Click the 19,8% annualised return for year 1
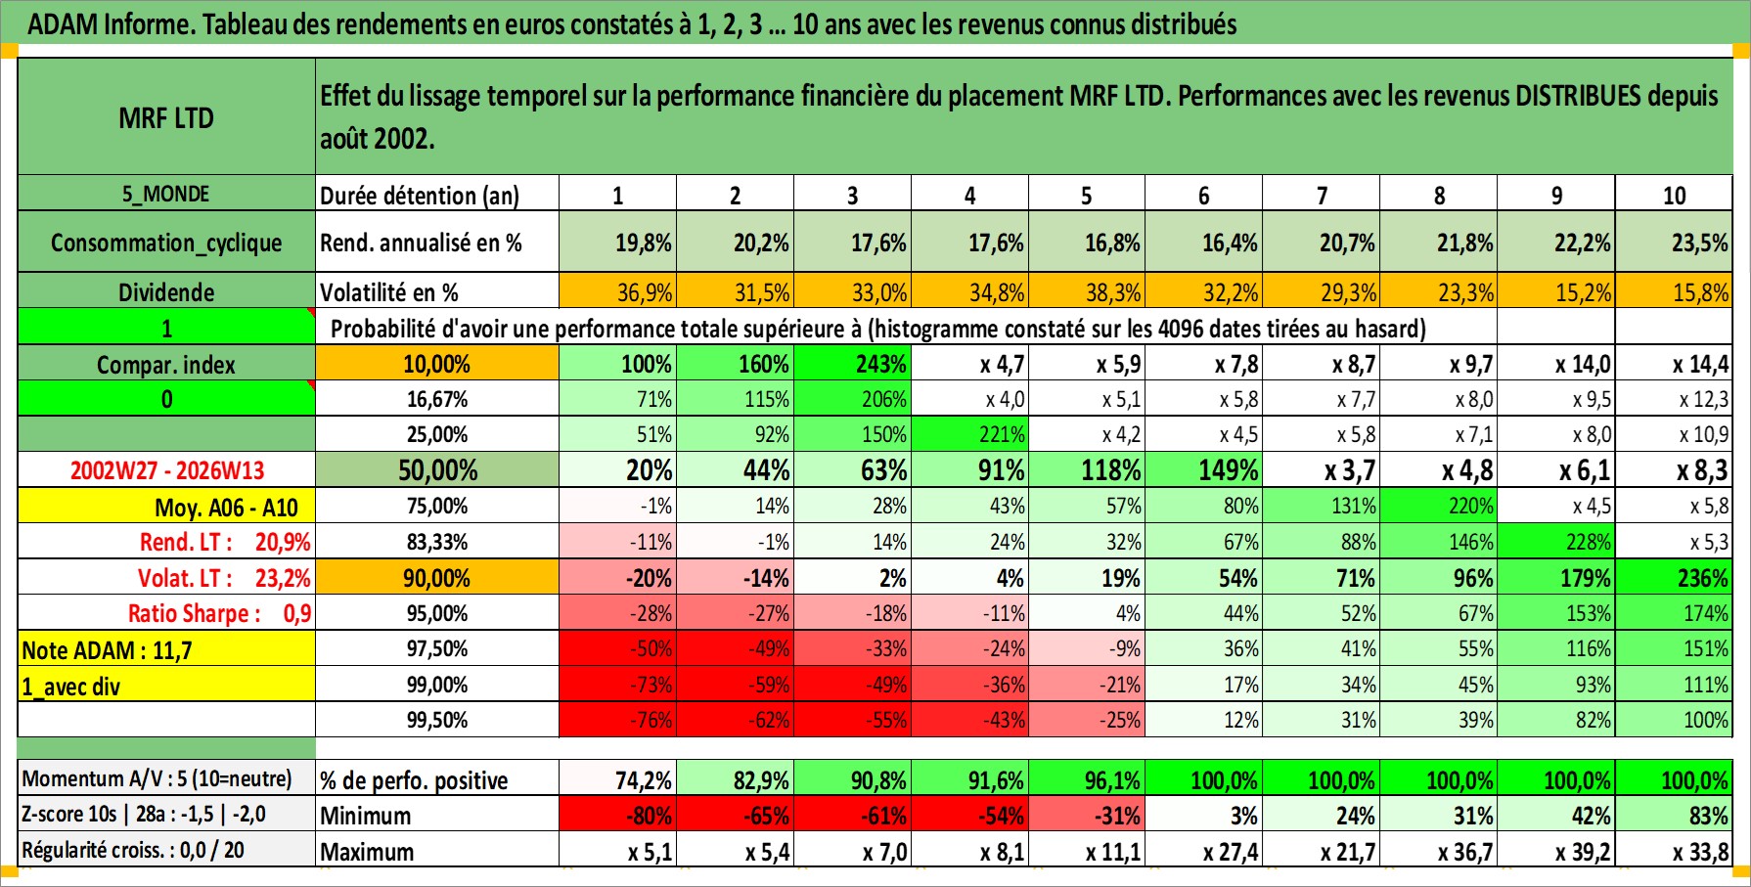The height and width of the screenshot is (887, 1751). pyautogui.click(x=642, y=243)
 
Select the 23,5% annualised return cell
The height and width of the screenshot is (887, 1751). pyautogui.click(x=1698, y=243)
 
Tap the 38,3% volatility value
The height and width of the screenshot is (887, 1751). pyautogui.click(x=1111, y=291)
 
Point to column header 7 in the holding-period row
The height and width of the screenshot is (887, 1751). pyautogui.click(x=1322, y=196)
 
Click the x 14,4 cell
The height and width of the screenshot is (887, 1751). pyautogui.click(x=1699, y=365)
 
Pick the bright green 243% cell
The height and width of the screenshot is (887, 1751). pyautogui.click(x=879, y=365)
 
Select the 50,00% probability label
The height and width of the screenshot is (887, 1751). pyautogui.click(x=437, y=470)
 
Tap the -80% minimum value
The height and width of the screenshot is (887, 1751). pyautogui.click(x=648, y=816)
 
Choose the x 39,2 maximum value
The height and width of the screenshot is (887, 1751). pyautogui.click(x=1582, y=852)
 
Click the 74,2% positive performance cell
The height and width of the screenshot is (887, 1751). pyautogui.click(x=643, y=780)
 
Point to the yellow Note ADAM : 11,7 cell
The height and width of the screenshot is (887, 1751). pyautogui.click(x=166, y=649)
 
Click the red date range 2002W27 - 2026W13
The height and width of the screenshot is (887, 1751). pyautogui.click(x=166, y=470)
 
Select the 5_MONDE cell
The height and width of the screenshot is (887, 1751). pyautogui.click(x=166, y=194)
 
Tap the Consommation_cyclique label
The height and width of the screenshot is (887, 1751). pyautogui.click(x=166, y=243)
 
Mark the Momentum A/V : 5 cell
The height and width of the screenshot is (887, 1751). pyautogui.click(x=157, y=779)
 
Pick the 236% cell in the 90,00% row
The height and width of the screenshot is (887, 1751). pyautogui.click(x=1701, y=578)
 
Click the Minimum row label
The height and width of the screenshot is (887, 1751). pyautogui.click(x=366, y=816)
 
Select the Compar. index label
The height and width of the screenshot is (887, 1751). pyautogui.click(x=166, y=365)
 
